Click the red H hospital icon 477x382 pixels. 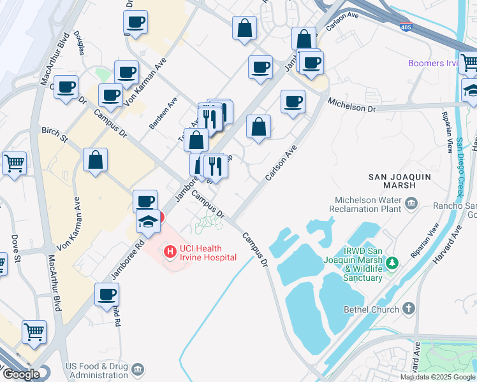tap(170, 251)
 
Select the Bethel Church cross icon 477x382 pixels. tap(408, 309)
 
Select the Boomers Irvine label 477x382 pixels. tap(434, 63)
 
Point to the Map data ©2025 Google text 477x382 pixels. tap(437, 377)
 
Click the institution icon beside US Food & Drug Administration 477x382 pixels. tap(136, 370)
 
